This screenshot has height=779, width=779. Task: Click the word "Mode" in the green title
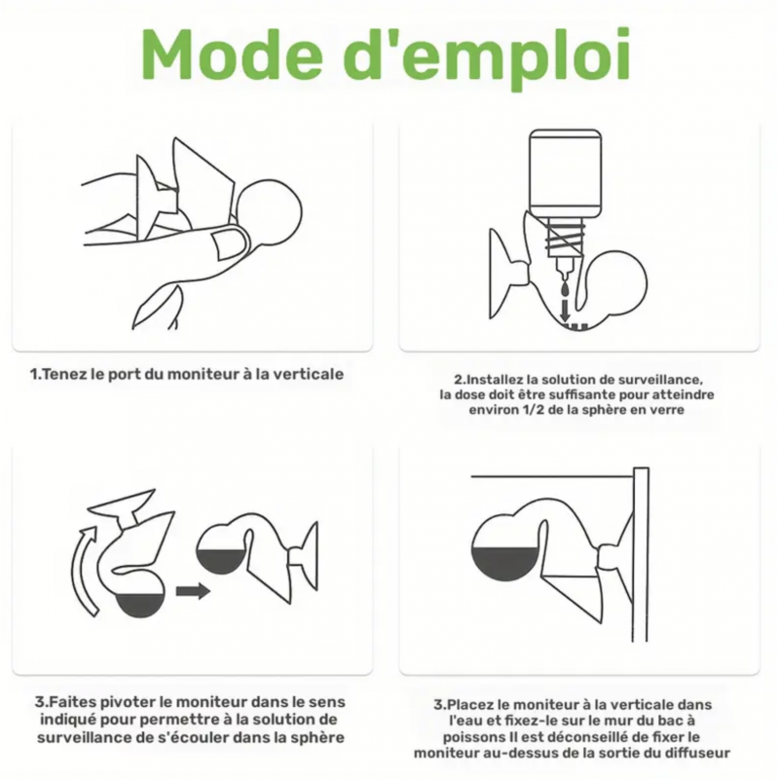point(233,55)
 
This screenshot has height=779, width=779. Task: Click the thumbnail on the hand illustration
point(230,243)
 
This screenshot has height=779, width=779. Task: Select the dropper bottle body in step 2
point(565,173)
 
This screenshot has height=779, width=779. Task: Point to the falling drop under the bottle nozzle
point(565,288)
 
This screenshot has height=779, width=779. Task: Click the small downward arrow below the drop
point(565,312)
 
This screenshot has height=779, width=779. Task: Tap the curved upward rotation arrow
point(85,572)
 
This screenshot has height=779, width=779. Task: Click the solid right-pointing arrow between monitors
point(193,591)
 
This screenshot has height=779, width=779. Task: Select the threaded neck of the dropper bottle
point(565,239)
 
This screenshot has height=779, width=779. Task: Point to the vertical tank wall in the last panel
point(641,554)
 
